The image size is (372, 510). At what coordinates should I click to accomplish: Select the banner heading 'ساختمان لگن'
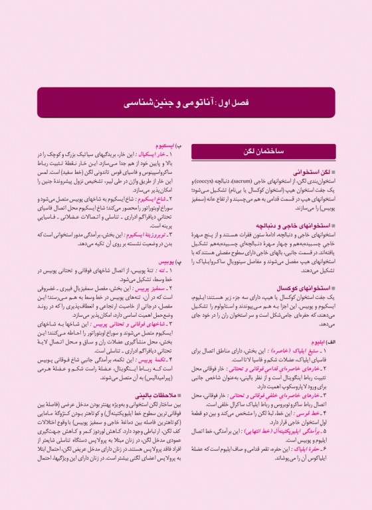[x=266, y=152]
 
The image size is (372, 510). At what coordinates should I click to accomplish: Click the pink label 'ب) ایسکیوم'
[x=162, y=145]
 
